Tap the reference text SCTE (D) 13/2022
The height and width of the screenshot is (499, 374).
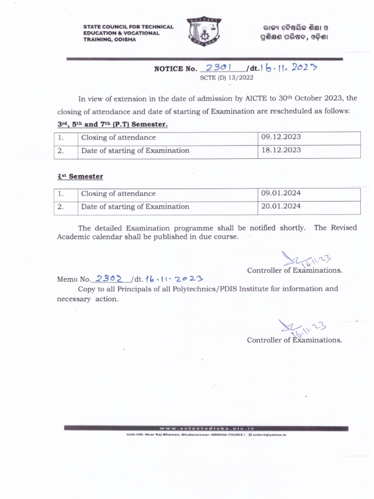[x=227, y=77]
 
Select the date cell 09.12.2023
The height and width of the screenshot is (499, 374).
[x=281, y=138]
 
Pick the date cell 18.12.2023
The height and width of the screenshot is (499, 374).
[x=281, y=151]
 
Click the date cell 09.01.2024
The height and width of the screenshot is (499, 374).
[x=281, y=194]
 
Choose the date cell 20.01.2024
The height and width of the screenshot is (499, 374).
[x=281, y=207]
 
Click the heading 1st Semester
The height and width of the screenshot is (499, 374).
[x=80, y=176]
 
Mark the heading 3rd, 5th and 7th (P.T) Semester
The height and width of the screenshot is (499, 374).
[x=112, y=125]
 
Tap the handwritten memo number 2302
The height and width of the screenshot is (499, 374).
[x=109, y=278]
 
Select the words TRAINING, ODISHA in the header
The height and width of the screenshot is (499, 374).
[x=110, y=39]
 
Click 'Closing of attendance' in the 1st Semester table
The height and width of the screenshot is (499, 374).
[x=118, y=194]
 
